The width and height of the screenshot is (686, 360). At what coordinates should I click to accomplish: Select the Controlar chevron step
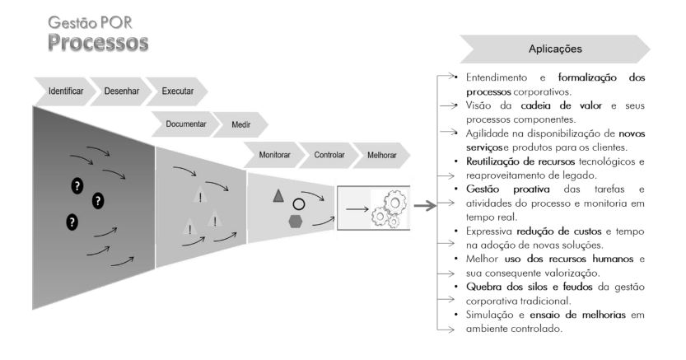[329, 154]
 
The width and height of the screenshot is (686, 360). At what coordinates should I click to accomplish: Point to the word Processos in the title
[97, 42]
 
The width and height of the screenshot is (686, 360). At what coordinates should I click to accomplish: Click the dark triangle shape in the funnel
[278, 195]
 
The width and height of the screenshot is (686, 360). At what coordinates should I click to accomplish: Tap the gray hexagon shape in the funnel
[294, 221]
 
